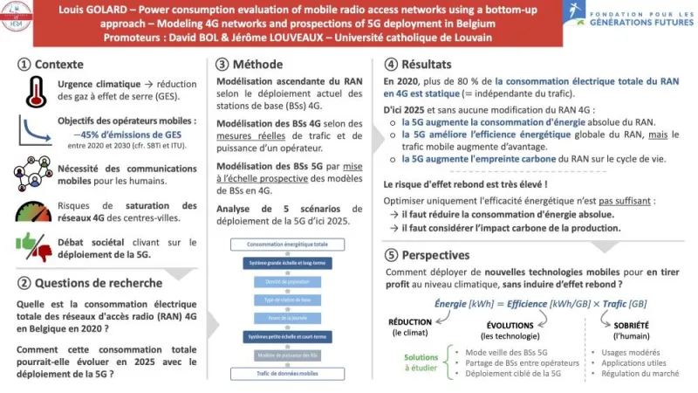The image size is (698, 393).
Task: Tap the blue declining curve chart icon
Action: (x=33, y=130)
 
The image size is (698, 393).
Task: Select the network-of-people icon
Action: (x=32, y=173)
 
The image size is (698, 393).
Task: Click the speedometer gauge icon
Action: (x=33, y=210)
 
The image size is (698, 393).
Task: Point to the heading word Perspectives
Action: (x=435, y=255)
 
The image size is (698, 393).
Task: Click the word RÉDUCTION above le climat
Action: (x=410, y=321)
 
